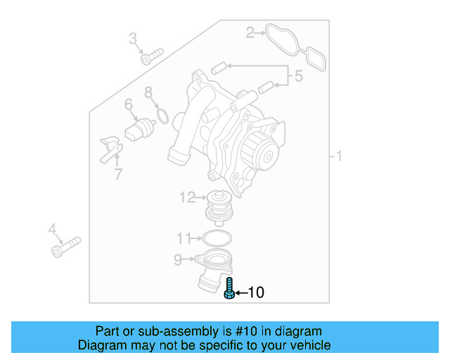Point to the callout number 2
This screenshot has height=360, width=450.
pos(250,32)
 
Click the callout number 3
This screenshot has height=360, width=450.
pos(298,76)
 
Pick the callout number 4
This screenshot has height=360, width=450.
pos(129,105)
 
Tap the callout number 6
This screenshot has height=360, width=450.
pos(148,92)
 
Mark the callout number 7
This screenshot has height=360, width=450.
pos(177,260)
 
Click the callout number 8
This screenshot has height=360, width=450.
pos(183,237)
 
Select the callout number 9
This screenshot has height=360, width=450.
pos(186,198)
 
